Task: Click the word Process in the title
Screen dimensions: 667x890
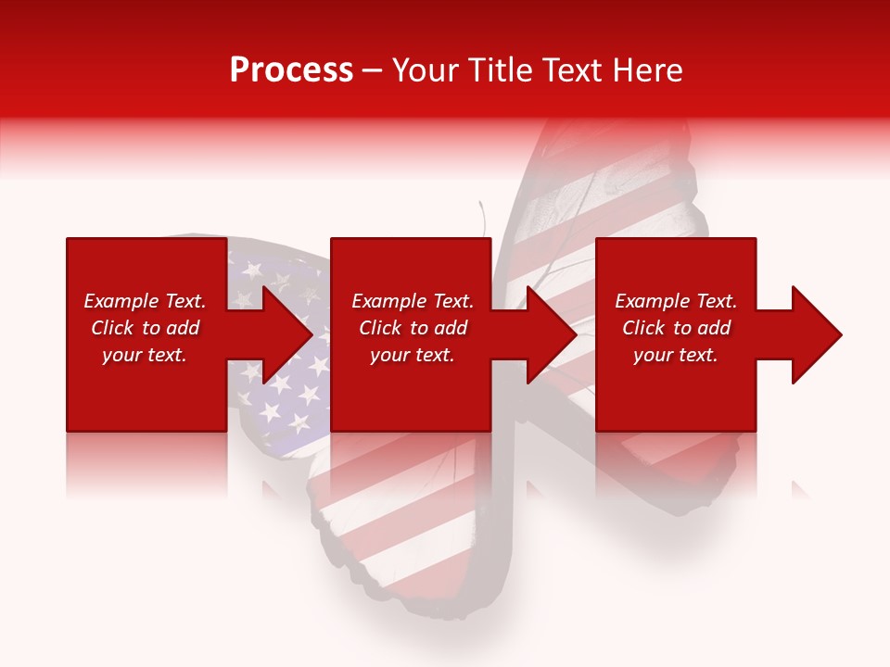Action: pos(291,70)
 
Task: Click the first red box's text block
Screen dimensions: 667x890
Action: pos(145,328)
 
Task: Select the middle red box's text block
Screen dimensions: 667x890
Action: pos(412,328)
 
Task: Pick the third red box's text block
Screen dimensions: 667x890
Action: pos(676,328)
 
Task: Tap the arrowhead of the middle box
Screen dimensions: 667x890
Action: pos(553,334)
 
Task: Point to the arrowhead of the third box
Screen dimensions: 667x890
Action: pos(817,334)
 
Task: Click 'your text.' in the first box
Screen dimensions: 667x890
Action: pos(145,355)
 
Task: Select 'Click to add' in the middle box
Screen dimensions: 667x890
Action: pos(413,328)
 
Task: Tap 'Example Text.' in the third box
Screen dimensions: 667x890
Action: pos(676,301)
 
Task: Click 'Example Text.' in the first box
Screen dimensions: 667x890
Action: pos(145,301)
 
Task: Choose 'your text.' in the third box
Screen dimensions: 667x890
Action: pos(676,355)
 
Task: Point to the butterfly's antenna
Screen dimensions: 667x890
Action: pos(483,219)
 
